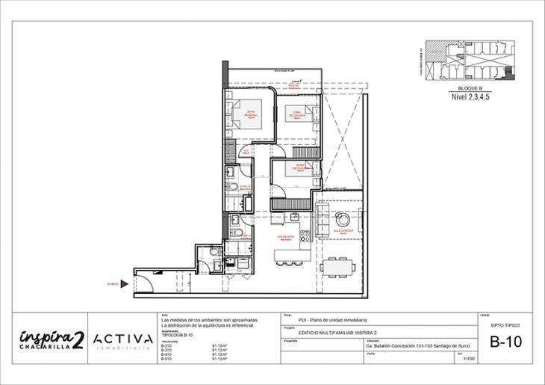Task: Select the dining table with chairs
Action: [x=337, y=265]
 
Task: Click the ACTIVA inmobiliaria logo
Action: [x=122, y=339]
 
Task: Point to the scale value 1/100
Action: [x=469, y=359]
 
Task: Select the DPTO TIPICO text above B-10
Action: [x=505, y=326]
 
